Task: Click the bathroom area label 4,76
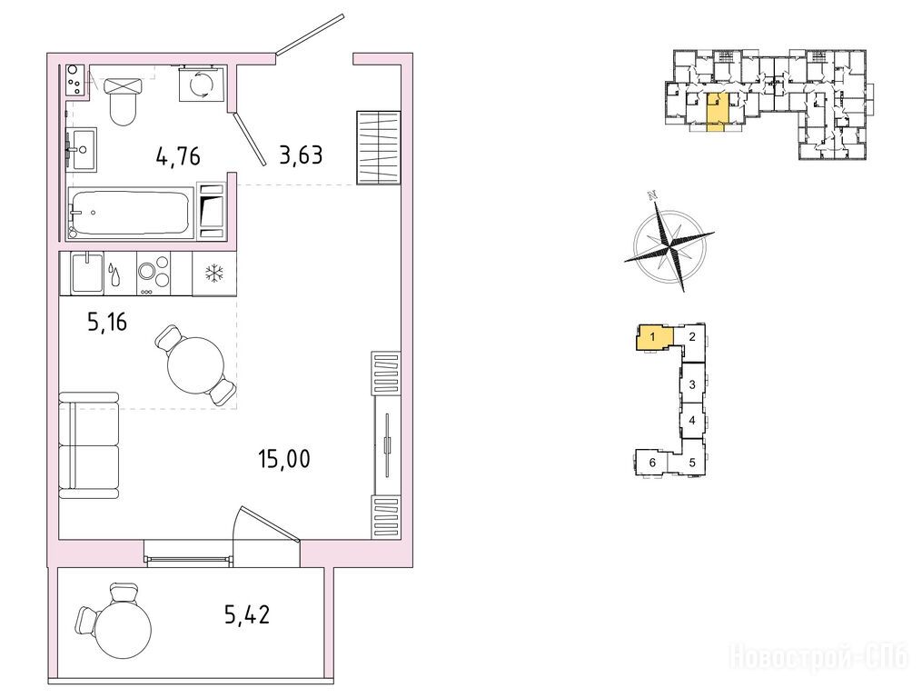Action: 178,156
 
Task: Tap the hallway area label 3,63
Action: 301,155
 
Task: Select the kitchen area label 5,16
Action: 107,323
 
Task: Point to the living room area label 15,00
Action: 284,458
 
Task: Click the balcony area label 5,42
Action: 247,615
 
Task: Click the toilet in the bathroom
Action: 124,101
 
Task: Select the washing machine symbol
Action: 202,85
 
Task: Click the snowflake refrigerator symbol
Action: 213,273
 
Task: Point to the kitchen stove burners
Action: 154,273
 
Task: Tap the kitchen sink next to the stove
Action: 87,272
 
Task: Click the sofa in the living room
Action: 89,445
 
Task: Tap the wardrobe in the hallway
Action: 378,148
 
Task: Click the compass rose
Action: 669,241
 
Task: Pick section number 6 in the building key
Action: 652,463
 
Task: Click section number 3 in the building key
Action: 692,385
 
